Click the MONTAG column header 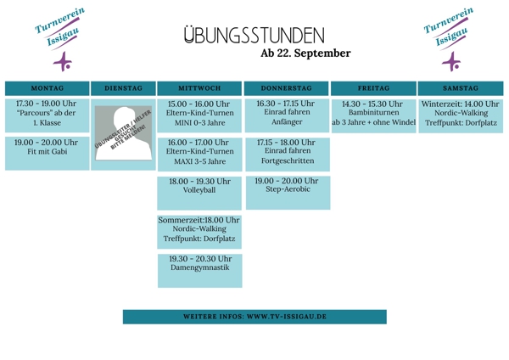pos(47,88)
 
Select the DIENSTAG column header pos(123,88)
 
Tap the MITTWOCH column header pos(199,88)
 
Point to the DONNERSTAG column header pos(286,88)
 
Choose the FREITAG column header pos(373,88)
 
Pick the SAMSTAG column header pos(461,88)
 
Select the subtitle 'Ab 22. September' pos(305,53)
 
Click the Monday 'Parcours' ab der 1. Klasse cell pos(47,114)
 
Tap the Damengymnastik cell pos(199,267)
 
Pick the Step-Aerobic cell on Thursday pos(286,189)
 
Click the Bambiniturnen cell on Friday pos(373,114)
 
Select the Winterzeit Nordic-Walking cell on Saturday pos(461,114)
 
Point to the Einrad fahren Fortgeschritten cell pos(286,151)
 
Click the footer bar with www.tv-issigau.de pos(255,317)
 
